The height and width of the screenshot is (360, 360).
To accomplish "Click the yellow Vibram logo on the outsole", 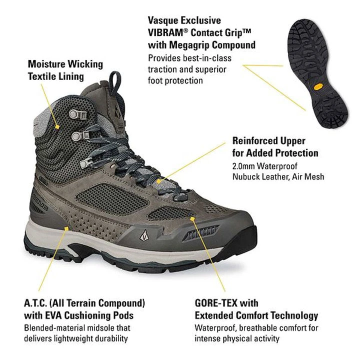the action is [x=318, y=87].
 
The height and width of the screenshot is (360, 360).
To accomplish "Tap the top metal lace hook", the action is [x=78, y=114].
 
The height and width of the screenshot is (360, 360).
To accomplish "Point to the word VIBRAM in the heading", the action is [x=165, y=32].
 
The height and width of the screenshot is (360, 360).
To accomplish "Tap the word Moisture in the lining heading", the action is [x=46, y=64].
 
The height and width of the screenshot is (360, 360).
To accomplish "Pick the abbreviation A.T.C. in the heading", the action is [x=35, y=303].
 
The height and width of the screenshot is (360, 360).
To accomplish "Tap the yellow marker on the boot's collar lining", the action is [x=57, y=126].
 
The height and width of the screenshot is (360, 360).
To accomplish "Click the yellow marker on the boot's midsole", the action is [x=66, y=228].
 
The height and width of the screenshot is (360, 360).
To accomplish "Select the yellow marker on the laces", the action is [x=158, y=181].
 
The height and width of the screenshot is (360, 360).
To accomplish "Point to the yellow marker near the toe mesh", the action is [x=192, y=219].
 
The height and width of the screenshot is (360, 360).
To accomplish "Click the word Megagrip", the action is [x=189, y=45].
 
